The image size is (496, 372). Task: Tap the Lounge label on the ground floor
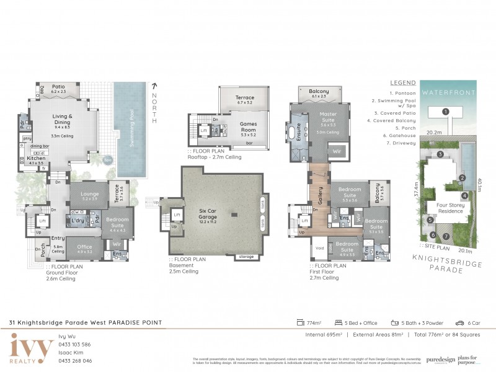coord(90,194)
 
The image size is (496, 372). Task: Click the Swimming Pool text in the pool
coord(131,129)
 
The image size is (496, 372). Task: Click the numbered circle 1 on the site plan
coord(445,112)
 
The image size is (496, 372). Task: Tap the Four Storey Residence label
coord(450,208)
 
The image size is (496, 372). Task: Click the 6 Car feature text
coord(472,322)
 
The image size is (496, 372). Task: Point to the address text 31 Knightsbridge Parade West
coord(62,322)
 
